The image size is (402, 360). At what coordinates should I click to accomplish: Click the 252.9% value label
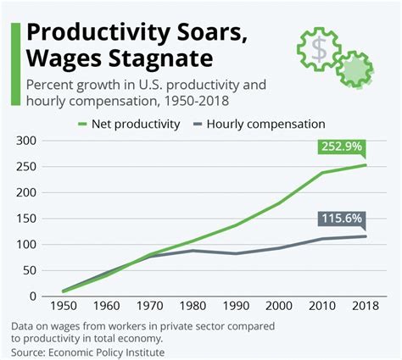[341, 147]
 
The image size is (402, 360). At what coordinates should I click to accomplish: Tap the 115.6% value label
[341, 219]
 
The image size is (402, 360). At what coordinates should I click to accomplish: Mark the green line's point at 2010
[321, 173]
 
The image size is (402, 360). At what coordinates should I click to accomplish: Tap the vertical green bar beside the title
[14, 64]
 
